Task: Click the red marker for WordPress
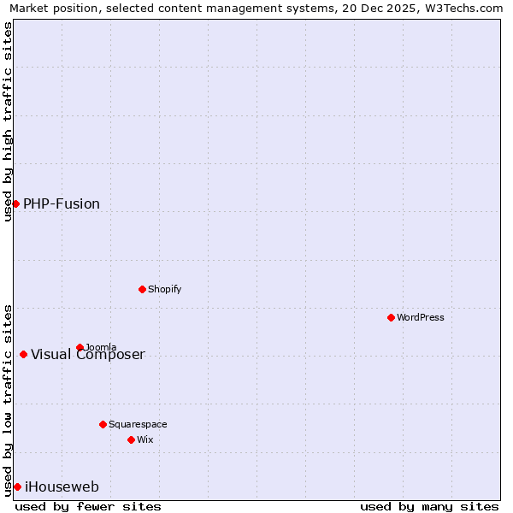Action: coord(391,317)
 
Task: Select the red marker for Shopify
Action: coord(142,289)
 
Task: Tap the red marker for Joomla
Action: coord(80,347)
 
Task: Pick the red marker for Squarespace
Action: coord(103,424)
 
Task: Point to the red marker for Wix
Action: coord(131,439)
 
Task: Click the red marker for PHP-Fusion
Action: coord(15,203)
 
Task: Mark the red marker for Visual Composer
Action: coord(23,354)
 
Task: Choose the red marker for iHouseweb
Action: coord(17,486)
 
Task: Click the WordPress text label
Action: coord(421,317)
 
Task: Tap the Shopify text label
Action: coord(165,289)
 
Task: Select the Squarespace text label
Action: coord(138,424)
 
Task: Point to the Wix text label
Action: coord(145,439)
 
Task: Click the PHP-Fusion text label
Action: coord(62,203)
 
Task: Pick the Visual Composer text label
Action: coord(88,355)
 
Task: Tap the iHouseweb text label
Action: coord(62,487)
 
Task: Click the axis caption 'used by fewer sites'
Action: coord(88,506)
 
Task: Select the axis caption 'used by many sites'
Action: coord(429,506)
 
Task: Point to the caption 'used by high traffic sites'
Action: coord(8,121)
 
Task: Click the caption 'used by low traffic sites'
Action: coord(8,399)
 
